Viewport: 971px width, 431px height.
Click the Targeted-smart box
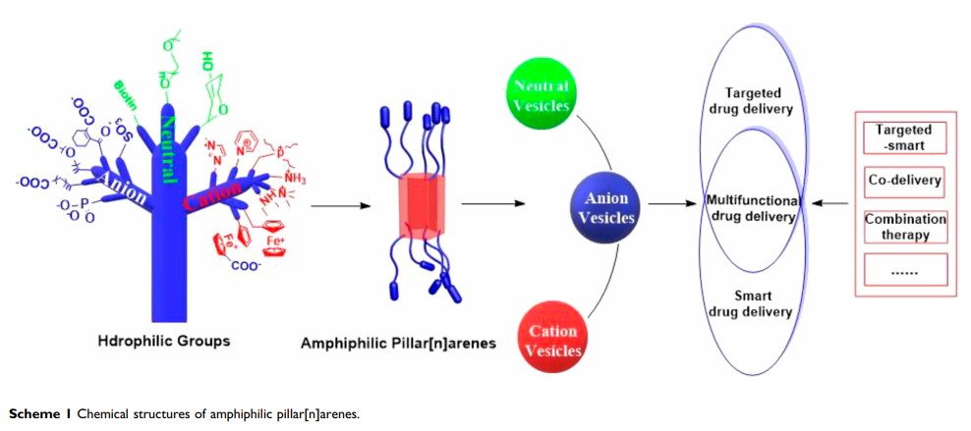tap(903, 136)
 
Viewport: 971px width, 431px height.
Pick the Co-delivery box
tap(904, 181)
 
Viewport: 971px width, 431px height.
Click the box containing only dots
tap(904, 269)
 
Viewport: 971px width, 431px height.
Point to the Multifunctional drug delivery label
tap(753, 208)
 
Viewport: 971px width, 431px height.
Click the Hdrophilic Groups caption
tap(164, 341)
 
